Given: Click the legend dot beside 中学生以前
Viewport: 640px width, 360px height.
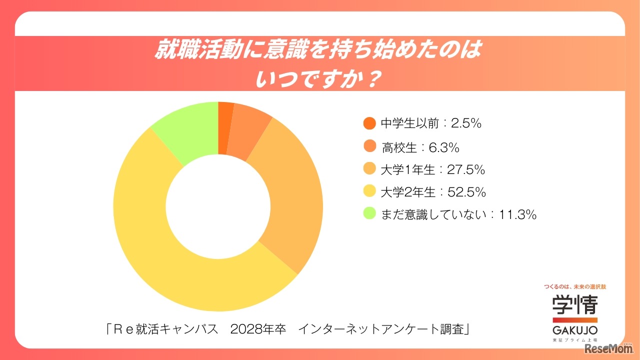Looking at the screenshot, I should click(x=369, y=123).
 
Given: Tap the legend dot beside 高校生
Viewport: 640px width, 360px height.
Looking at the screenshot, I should click(x=369, y=147).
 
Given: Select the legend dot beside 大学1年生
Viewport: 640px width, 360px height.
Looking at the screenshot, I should click(x=369, y=169).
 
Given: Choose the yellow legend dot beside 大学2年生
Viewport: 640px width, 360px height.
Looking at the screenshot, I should click(x=369, y=192).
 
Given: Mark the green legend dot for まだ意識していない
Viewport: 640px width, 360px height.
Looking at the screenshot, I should click(x=369, y=214).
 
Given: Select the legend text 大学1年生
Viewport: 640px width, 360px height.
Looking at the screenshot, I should click(x=407, y=169).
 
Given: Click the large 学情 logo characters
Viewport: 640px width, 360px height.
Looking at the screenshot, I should click(x=574, y=304).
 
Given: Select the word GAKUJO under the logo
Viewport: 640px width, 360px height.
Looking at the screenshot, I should click(x=574, y=330).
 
